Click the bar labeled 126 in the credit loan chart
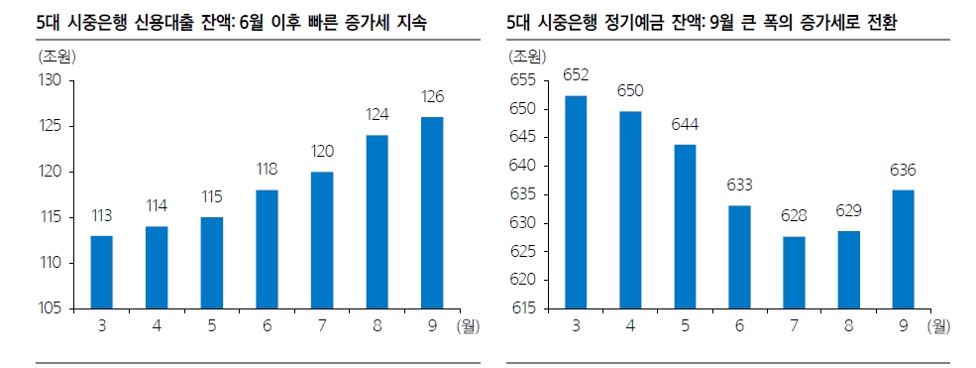point(432,212)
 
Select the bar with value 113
point(101,272)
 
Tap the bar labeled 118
point(268,249)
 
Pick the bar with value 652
point(576,202)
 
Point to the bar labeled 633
point(738,257)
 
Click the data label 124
point(377,115)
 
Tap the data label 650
point(630,91)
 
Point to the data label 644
point(685,125)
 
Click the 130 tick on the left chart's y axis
point(49,80)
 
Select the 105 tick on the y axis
point(49,308)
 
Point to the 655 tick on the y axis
point(521,80)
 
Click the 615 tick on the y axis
point(521,308)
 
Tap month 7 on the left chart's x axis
point(322,324)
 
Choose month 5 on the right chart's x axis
point(685,324)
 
